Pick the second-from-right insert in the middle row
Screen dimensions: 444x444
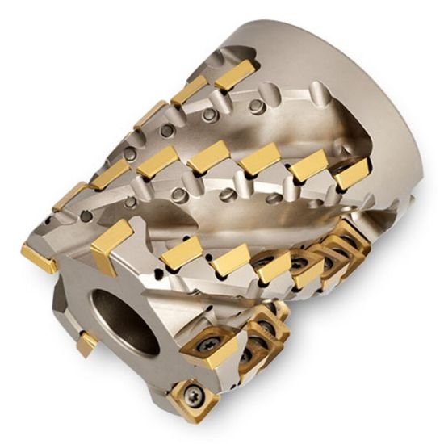[x=308, y=166]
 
